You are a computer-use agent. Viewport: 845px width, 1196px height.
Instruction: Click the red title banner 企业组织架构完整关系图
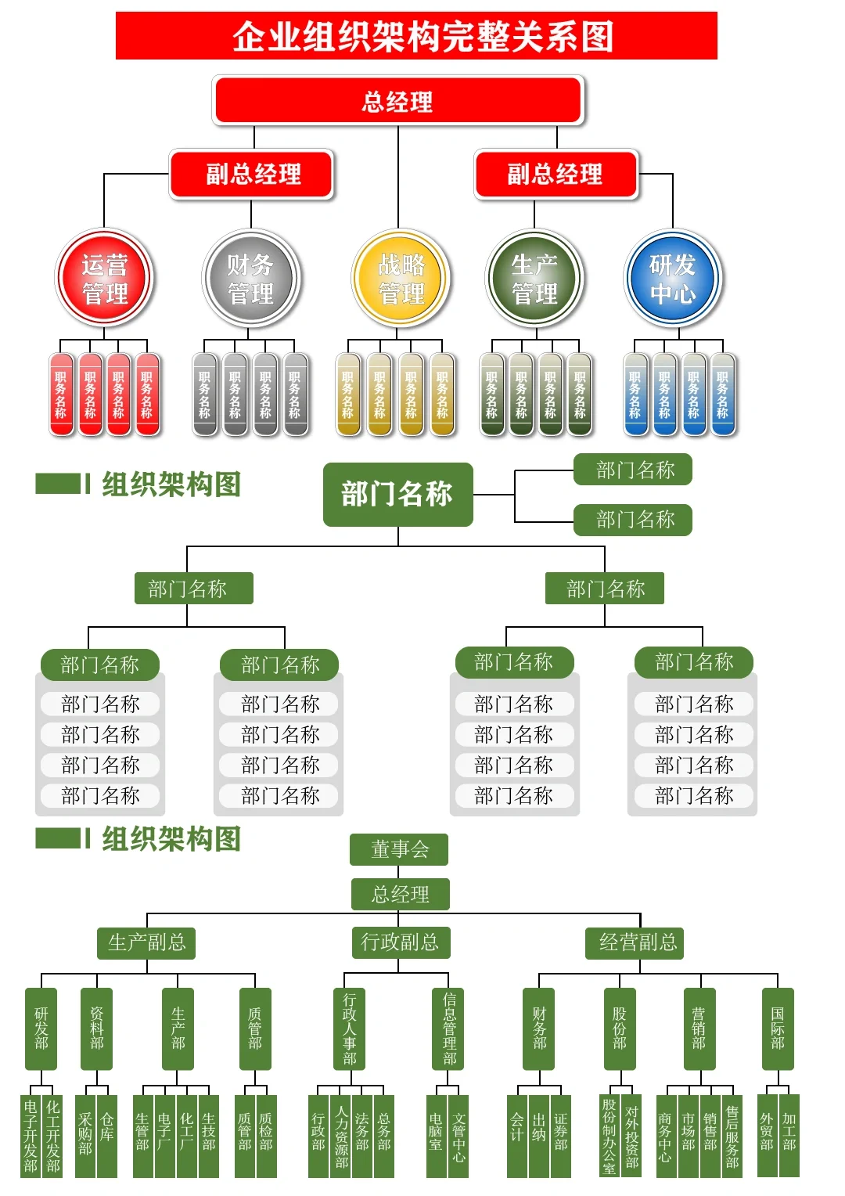[x=416, y=36]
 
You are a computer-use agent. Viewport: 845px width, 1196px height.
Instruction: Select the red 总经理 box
[x=398, y=100]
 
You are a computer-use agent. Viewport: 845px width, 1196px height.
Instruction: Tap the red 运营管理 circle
[x=105, y=279]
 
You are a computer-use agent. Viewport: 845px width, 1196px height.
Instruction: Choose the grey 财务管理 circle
[x=250, y=279]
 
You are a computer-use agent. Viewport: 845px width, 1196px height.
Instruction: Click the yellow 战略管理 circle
[x=401, y=279]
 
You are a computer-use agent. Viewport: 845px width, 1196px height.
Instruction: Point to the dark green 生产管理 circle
[x=534, y=279]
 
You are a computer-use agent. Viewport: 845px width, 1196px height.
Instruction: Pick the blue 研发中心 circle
[x=673, y=279]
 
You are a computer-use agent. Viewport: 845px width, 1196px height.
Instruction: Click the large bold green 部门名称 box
[x=397, y=494]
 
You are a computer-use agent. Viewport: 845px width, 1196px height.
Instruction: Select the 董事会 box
[x=399, y=849]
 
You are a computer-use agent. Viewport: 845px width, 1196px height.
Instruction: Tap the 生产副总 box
[x=146, y=942]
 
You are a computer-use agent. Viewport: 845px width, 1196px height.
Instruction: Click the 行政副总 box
[x=400, y=942]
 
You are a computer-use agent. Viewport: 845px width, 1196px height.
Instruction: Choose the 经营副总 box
[x=638, y=942]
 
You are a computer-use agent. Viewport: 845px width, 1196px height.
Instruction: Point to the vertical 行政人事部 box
[x=349, y=1028]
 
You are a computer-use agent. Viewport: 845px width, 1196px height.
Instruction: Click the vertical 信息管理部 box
[x=449, y=1028]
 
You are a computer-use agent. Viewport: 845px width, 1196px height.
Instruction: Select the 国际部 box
[x=777, y=1028]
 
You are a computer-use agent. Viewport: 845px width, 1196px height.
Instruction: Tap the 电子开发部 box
[x=31, y=1136]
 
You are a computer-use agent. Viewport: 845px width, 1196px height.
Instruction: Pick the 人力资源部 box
[x=341, y=1136]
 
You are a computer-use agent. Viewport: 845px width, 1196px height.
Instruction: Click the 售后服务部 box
[x=732, y=1136]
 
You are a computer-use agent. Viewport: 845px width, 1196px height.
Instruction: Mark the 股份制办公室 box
[x=609, y=1136]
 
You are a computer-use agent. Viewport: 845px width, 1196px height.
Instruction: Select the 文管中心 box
[x=458, y=1136]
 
